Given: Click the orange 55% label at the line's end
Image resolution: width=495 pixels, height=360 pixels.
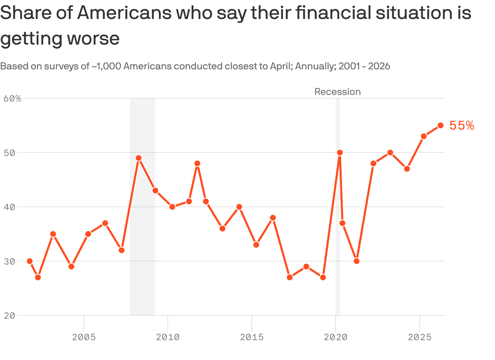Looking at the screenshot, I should [x=462, y=126].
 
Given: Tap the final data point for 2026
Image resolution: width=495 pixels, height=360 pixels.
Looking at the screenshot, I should [x=441, y=126].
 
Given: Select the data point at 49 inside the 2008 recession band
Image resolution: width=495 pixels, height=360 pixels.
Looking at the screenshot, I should [x=139, y=158].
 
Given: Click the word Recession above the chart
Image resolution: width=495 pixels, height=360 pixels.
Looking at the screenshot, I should [x=337, y=92].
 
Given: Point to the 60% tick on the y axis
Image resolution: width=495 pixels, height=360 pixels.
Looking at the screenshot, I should [x=12, y=98].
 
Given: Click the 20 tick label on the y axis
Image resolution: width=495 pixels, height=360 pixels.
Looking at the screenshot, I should [x=9, y=315].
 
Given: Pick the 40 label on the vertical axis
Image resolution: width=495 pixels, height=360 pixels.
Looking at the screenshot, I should [x=9, y=207].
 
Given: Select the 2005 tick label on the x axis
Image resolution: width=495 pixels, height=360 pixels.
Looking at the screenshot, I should [x=84, y=337].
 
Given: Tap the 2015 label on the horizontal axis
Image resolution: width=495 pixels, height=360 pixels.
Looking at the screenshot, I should [x=252, y=337].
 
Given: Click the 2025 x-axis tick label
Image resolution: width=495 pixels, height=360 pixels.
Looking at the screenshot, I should [x=420, y=337].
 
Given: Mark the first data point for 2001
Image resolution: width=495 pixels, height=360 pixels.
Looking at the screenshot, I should [x=30, y=261].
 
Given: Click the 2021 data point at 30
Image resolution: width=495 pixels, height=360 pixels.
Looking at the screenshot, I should [x=356, y=261].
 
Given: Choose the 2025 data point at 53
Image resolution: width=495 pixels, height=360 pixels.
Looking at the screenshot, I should [x=424, y=136].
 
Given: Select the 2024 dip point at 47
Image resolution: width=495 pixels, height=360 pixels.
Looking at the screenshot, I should [x=407, y=169].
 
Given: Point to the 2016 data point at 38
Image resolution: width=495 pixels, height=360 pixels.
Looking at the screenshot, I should [x=273, y=218].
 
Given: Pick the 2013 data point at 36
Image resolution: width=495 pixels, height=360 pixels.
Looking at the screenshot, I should [x=222, y=228].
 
